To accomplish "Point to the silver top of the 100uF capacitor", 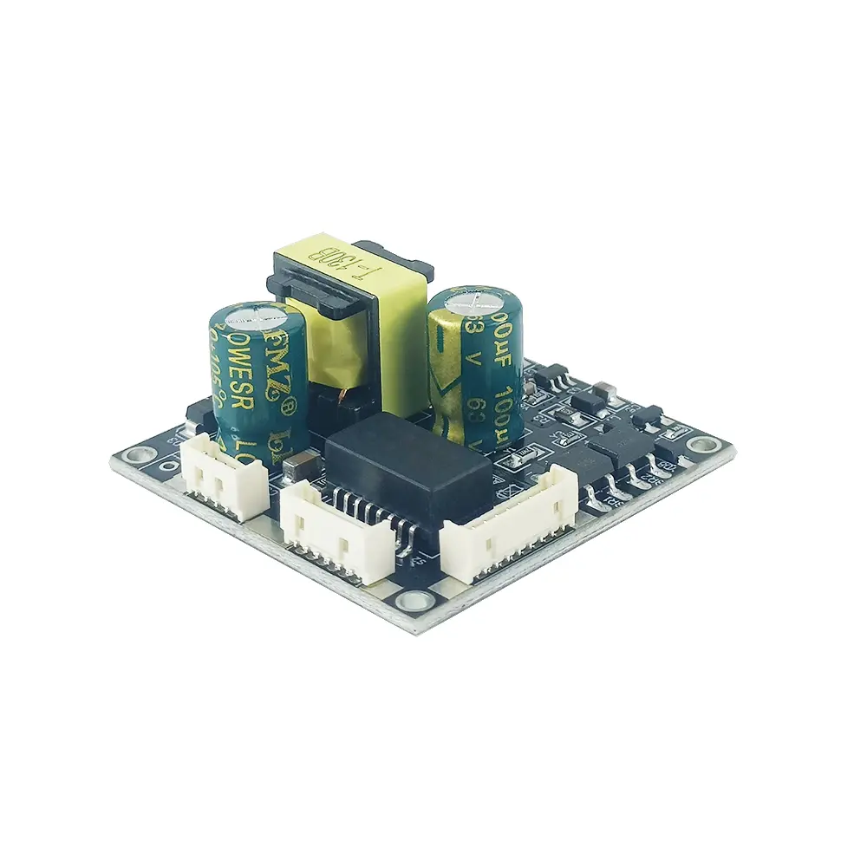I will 473,299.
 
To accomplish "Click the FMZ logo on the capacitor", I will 276,364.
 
